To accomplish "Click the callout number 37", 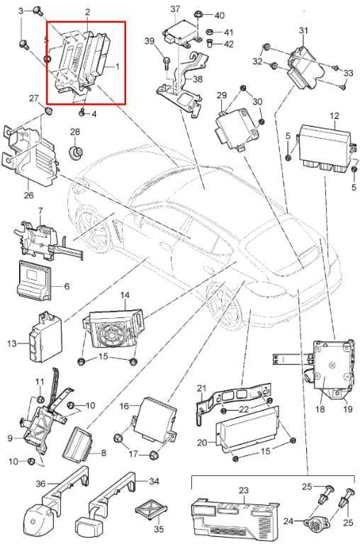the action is click(x=175, y=9).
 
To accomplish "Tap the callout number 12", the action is click(x=334, y=116).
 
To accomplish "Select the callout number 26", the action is click(x=29, y=195).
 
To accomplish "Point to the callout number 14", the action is click(x=125, y=295).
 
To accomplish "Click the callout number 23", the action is click(x=244, y=491).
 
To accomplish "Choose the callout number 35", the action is click(x=159, y=530).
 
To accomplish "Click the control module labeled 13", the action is click(x=45, y=337).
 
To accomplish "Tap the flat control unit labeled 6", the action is click(x=34, y=280).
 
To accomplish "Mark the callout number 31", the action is click(x=303, y=30).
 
